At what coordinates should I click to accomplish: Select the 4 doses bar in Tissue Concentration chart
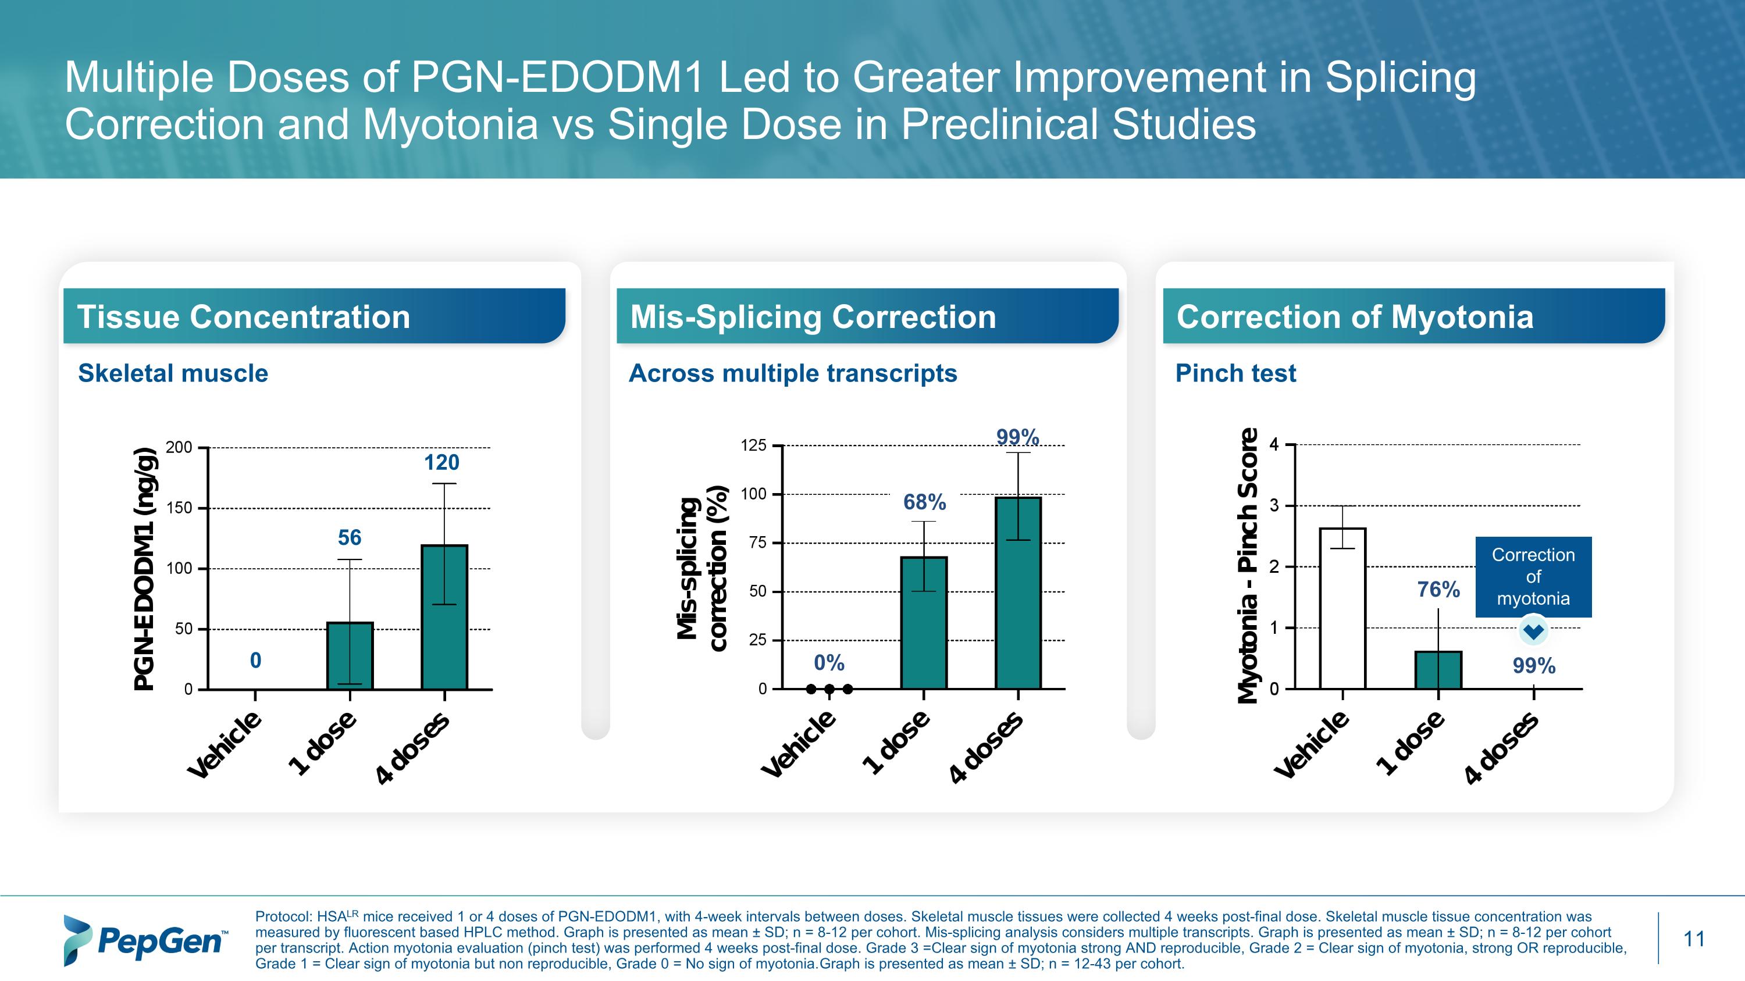(x=444, y=617)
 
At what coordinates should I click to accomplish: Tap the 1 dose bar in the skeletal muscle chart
(x=350, y=655)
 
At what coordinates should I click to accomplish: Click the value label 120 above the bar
(x=441, y=462)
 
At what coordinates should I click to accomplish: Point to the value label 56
(x=350, y=537)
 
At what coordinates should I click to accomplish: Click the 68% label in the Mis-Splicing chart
(x=924, y=502)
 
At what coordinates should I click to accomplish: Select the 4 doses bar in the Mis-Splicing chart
(x=1018, y=593)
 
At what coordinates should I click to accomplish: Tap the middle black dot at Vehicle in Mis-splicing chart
(x=829, y=689)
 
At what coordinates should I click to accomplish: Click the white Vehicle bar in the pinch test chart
(x=1342, y=608)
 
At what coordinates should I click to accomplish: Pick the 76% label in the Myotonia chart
(x=1438, y=590)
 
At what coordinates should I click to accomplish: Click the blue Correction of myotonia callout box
(x=1533, y=576)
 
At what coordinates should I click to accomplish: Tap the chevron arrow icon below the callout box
(x=1533, y=632)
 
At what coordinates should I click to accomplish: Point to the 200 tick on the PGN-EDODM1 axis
(x=180, y=448)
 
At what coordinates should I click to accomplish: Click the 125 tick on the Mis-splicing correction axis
(x=753, y=445)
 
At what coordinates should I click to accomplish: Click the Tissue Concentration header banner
(x=314, y=316)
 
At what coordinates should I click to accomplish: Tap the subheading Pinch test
(x=1235, y=373)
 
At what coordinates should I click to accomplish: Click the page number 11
(x=1693, y=939)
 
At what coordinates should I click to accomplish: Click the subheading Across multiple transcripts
(x=793, y=373)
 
